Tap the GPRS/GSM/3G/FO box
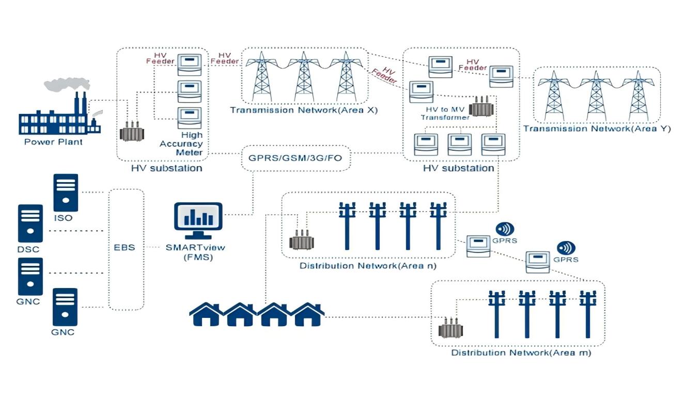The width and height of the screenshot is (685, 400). click(x=295, y=157)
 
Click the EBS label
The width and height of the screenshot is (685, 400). click(x=124, y=247)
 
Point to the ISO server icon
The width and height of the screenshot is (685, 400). click(x=66, y=192)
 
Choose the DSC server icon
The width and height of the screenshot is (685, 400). click(x=30, y=223)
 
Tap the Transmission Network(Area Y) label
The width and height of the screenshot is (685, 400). click(x=597, y=129)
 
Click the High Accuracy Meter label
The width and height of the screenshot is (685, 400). click(x=189, y=144)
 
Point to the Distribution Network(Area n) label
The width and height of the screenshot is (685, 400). click(x=368, y=266)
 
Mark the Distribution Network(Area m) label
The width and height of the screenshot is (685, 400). click(x=521, y=353)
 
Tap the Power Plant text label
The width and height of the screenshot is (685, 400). click(x=53, y=141)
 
